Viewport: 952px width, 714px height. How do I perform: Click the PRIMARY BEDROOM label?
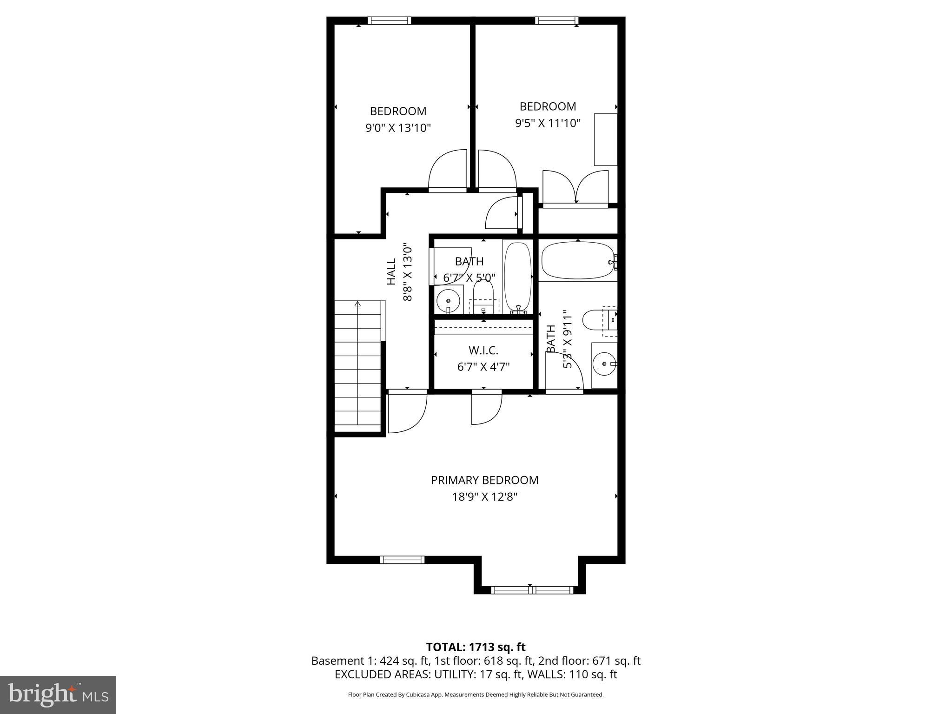pyautogui.click(x=484, y=480)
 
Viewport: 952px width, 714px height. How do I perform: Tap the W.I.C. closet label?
pyautogui.click(x=483, y=350)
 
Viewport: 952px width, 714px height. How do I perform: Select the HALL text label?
pyautogui.click(x=391, y=271)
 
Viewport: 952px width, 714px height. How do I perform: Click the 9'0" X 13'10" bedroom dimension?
pyautogui.click(x=398, y=128)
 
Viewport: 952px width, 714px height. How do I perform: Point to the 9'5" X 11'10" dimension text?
pyautogui.click(x=548, y=123)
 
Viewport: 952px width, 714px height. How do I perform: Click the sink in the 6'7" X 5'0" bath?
pyautogui.click(x=449, y=298)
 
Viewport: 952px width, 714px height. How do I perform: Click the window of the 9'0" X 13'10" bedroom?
pyautogui.click(x=389, y=20)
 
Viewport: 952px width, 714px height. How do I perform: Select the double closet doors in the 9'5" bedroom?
pyautogui.click(x=575, y=188)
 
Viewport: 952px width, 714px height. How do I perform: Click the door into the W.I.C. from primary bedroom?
pyautogui.click(x=486, y=407)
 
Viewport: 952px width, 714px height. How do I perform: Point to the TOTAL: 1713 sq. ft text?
pyautogui.click(x=476, y=647)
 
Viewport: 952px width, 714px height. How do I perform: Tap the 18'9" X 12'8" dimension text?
pyautogui.click(x=484, y=497)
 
